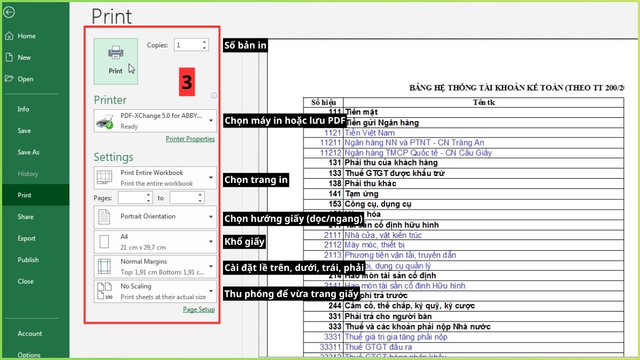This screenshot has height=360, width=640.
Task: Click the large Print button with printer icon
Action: click(116, 61)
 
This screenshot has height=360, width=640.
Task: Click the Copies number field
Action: click(187, 45)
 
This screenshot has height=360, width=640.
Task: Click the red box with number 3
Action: click(187, 82)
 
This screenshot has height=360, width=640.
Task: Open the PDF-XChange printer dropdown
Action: click(155, 121)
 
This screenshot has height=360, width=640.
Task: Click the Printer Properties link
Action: click(190, 139)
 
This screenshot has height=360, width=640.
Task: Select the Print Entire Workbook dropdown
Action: click(155, 178)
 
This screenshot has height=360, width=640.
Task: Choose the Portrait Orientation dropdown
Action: click(155, 217)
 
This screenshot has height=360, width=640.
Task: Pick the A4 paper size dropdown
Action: click(155, 242)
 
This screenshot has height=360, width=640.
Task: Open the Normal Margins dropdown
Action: click(155, 266)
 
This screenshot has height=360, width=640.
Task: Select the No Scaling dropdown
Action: click(155, 291)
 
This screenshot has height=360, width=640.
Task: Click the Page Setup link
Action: click(198, 309)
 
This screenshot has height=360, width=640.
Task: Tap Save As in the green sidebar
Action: click(28, 152)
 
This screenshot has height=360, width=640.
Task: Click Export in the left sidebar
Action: click(27, 238)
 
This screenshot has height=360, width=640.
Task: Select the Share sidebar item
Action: click(26, 217)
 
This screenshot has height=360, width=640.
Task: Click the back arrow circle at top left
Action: click(9, 12)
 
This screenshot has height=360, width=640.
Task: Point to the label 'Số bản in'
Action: click(245, 45)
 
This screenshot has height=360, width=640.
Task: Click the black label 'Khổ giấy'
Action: click(244, 242)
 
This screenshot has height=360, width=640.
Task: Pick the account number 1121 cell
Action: click(332, 132)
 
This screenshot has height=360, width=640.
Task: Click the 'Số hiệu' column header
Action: click(323, 102)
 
